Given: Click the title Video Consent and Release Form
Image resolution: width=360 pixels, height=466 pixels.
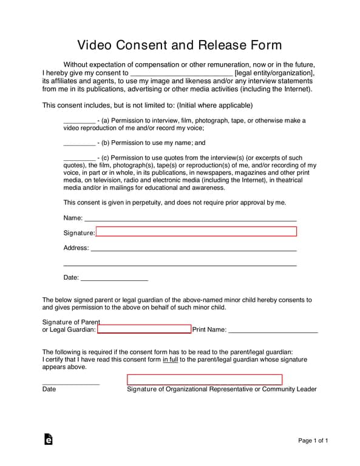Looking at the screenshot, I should point(180,46).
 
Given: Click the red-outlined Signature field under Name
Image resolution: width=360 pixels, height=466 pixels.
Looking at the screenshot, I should point(196,231).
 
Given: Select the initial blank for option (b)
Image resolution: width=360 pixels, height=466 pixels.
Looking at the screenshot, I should point(79,144).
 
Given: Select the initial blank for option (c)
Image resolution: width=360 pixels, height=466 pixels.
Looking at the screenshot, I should point(79,158).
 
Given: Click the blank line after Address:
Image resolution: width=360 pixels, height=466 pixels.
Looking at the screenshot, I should point(193,249).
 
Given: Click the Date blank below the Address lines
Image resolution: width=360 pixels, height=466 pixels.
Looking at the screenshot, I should point(114,279).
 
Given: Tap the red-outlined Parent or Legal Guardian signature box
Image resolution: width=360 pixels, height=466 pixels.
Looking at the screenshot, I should point(144,329).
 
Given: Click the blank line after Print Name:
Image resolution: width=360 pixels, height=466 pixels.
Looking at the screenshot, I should point(273,331).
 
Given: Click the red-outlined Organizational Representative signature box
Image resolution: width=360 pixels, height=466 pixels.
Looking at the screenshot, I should point(205,380).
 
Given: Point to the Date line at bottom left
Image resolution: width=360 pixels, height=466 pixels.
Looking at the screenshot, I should point(70,383).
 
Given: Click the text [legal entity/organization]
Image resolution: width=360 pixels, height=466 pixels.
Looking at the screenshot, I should point(274,73).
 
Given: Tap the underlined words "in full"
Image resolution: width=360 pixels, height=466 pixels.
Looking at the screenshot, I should point(169,360).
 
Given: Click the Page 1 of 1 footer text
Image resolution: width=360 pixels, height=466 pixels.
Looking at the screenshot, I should point(313,441).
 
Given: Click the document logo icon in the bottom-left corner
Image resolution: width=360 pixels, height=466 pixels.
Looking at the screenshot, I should point(48,439).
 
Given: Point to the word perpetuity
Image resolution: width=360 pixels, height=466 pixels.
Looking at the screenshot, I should point(141,202).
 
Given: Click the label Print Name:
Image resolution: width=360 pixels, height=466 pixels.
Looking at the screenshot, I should point(209,330).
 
